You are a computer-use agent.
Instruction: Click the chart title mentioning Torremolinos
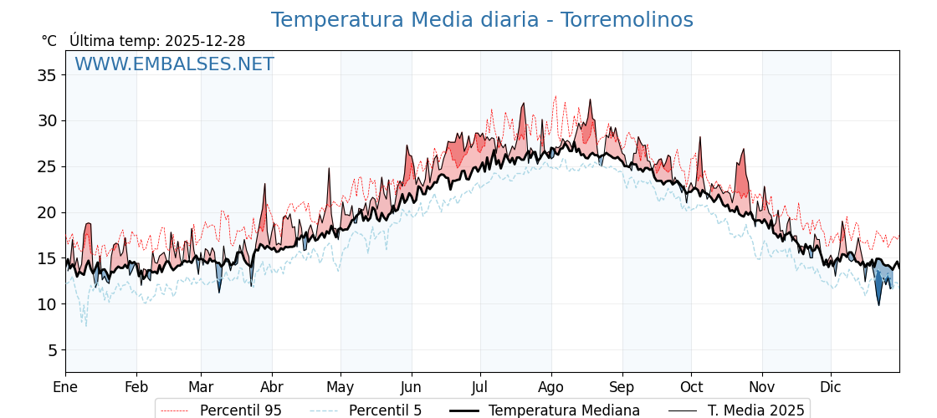click(482, 20)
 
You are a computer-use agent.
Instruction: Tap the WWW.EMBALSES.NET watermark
click(174, 64)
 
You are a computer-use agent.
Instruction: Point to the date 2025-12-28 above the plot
click(205, 41)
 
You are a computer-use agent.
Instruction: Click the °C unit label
click(49, 41)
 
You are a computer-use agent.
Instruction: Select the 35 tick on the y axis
click(47, 75)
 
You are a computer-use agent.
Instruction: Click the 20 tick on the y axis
click(47, 212)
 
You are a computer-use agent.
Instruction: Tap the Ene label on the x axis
click(65, 387)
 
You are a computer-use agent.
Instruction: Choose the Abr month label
click(271, 387)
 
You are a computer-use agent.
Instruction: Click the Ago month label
click(550, 387)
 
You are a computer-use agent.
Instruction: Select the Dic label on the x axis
click(831, 387)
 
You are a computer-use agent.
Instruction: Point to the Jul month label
click(480, 387)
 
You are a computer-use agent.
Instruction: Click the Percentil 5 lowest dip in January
click(84, 324)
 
